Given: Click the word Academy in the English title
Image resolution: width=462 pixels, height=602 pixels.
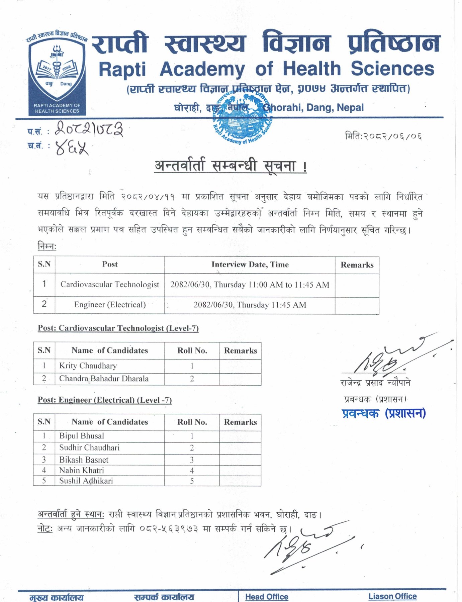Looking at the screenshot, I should click(x=202, y=69).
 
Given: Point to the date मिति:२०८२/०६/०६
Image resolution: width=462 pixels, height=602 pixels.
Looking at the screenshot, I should click(x=383, y=136).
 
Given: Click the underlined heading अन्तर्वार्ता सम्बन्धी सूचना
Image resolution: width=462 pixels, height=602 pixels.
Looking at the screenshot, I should click(x=230, y=166).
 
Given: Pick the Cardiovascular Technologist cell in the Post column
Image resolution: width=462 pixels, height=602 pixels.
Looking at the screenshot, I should click(x=110, y=285).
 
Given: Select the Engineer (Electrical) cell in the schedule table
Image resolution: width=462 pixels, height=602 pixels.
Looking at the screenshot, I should click(x=110, y=305).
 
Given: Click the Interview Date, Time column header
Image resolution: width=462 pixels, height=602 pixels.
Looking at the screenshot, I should click(x=250, y=265).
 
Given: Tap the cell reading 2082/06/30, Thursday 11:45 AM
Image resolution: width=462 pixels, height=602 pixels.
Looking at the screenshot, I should click(x=250, y=305).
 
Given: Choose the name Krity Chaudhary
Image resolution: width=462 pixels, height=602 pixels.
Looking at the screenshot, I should click(x=88, y=366).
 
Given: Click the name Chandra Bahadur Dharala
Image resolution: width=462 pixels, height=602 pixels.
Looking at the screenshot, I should click(x=104, y=379).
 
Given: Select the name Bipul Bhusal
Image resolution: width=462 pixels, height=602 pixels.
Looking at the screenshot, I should click(x=82, y=436).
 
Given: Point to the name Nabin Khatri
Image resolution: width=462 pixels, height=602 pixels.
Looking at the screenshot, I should click(x=82, y=470).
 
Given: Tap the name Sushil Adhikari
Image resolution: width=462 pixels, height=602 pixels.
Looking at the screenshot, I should click(x=86, y=481).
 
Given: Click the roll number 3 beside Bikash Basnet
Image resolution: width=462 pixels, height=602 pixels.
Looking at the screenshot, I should click(x=192, y=460).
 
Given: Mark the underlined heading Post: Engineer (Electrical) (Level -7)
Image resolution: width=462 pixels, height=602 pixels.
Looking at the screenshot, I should click(x=105, y=400).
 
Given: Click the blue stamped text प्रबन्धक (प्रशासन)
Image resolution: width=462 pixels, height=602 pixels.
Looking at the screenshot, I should click(x=384, y=413).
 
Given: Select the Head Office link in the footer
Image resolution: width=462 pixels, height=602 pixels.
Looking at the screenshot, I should click(x=267, y=597).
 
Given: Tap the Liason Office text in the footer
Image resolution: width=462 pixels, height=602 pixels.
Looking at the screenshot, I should click(x=392, y=596).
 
